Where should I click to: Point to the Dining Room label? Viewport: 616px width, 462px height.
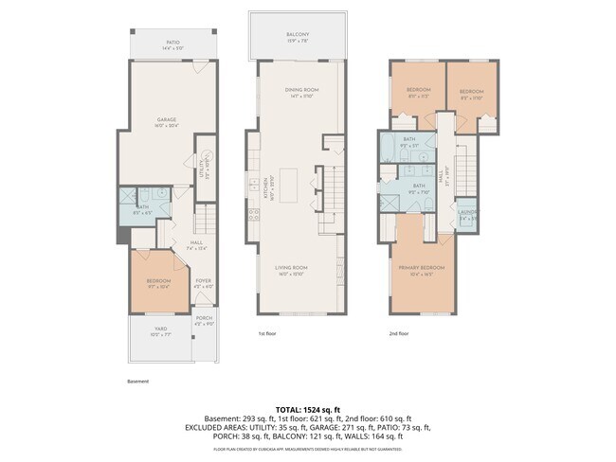[301, 92]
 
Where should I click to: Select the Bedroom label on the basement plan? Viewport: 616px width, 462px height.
[157, 283]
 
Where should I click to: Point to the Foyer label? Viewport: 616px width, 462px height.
[204, 282]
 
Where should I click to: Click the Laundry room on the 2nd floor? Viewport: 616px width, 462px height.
[465, 214]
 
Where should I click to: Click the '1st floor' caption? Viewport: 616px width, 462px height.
[268, 333]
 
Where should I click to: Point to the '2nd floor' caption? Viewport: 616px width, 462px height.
[399, 333]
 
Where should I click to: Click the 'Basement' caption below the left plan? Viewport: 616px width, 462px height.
[137, 382]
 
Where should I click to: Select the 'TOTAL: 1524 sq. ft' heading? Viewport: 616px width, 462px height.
[308, 409]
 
